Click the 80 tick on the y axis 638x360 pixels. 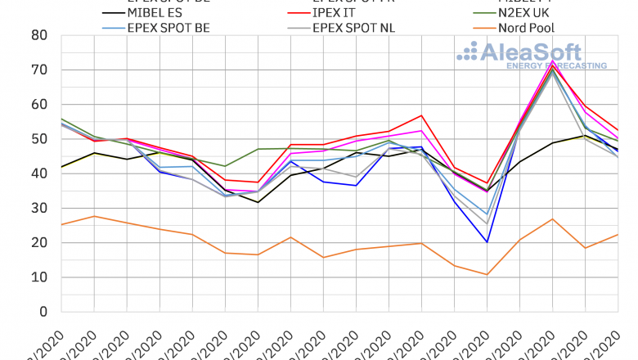[38, 35]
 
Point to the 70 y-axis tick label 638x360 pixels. [38, 70]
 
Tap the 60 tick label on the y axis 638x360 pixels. [38, 105]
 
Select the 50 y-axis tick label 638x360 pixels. [38, 139]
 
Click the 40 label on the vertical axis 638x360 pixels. [38, 173]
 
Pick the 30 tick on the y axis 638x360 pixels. [38, 209]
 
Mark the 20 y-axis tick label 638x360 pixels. [38, 243]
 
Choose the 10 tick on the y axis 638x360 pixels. [38, 277]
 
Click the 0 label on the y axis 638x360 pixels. [43, 312]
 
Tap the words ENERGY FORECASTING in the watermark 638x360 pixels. [556, 65]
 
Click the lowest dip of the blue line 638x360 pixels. [487, 242]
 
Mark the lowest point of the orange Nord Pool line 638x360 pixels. [487, 274]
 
